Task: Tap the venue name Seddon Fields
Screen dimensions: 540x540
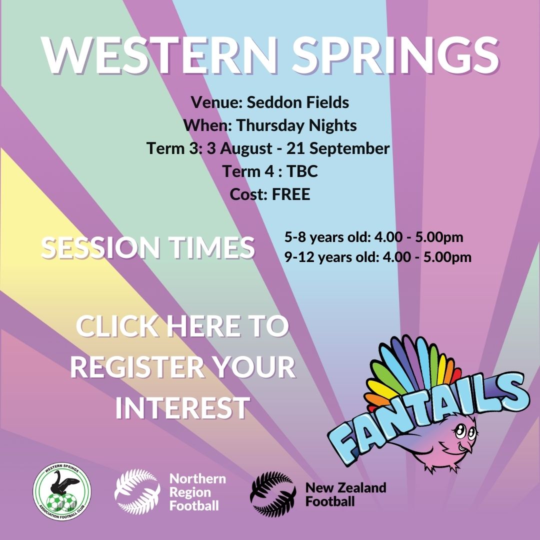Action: click(x=298, y=102)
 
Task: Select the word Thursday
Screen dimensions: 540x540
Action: click(x=270, y=125)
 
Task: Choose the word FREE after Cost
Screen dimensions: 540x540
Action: click(x=291, y=194)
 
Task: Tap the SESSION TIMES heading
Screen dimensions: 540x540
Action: click(x=148, y=247)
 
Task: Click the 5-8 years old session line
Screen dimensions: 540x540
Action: click(x=374, y=237)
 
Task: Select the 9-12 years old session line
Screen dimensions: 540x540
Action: click(x=378, y=257)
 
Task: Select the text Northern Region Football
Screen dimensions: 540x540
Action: click(x=197, y=492)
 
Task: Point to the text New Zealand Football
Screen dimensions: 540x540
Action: click(x=345, y=494)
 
